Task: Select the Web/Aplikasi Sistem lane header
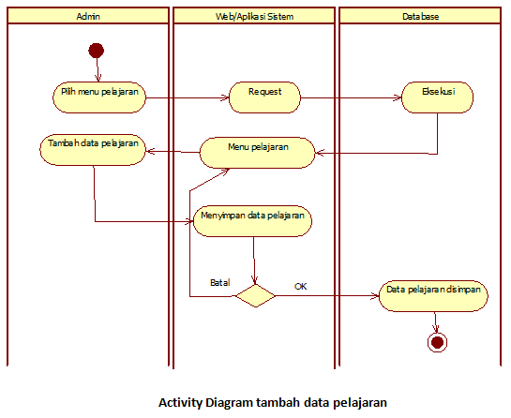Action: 254,16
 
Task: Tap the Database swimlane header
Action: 421,16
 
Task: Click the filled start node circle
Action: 96,51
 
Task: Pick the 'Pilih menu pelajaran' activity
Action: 98,96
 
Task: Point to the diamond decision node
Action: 255,296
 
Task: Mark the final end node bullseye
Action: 436,342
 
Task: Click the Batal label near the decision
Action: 220,282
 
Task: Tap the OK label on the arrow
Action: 301,285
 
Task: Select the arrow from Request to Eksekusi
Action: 350,97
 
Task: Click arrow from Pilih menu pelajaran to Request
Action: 188,97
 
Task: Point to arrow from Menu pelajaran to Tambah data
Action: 173,152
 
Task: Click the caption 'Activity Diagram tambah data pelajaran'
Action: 273,402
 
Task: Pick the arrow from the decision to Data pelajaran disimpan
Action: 328,296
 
